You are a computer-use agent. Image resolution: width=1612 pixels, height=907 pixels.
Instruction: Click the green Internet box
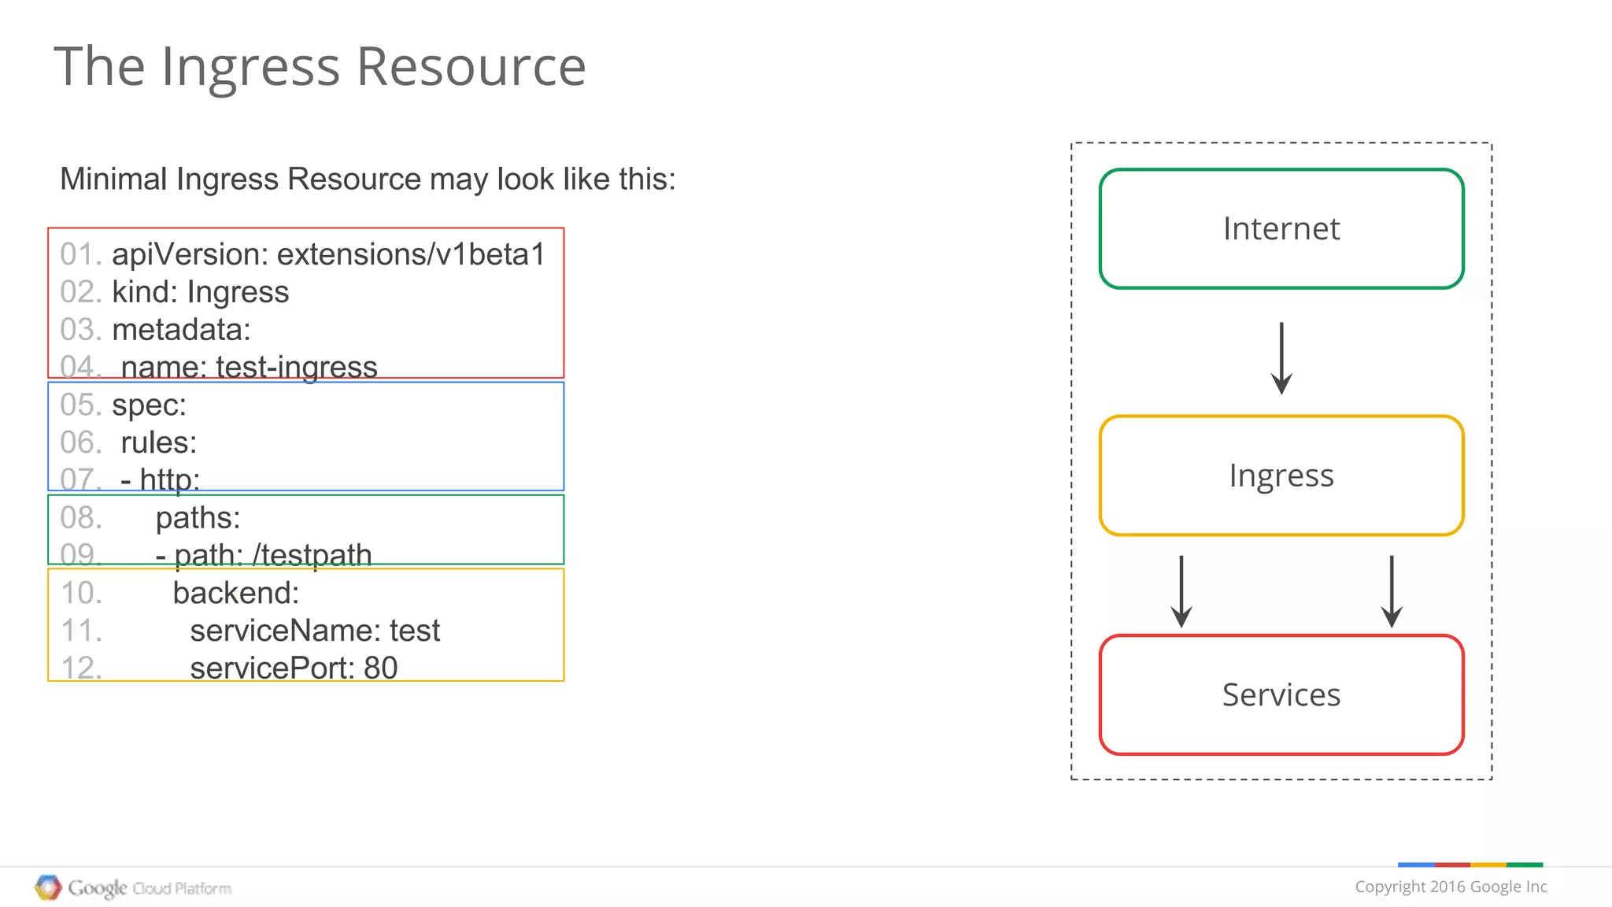(x=1281, y=228)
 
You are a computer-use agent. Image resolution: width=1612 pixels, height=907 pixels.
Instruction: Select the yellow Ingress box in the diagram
(x=1281, y=476)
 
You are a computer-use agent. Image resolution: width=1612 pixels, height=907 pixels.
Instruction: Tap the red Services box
(x=1281, y=694)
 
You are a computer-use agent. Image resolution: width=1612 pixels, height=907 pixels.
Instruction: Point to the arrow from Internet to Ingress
(x=1281, y=358)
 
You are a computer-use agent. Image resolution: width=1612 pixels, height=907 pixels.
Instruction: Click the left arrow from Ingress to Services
(x=1181, y=591)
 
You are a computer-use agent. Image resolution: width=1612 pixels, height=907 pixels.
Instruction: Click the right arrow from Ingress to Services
(x=1392, y=591)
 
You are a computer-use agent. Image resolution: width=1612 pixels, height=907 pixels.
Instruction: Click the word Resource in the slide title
(x=471, y=66)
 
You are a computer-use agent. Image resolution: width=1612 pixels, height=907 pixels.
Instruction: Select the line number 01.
(x=80, y=254)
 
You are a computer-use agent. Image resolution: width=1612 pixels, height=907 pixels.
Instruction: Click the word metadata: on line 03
(x=181, y=330)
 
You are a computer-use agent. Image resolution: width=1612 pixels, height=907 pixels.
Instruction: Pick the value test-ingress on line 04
(x=297, y=367)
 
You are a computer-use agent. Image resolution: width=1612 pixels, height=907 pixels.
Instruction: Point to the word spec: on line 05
(x=149, y=405)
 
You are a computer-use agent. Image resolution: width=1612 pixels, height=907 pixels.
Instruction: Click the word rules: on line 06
(x=158, y=442)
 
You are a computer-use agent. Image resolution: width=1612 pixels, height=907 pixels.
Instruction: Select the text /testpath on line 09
(x=312, y=555)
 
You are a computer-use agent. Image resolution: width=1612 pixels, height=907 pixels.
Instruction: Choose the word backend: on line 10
(x=236, y=593)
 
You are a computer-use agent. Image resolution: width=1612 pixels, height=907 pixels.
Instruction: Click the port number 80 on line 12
(x=380, y=668)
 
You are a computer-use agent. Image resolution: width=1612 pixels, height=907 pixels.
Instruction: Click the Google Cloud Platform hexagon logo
(x=48, y=887)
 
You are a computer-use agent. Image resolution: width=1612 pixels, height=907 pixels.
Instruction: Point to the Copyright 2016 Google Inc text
(x=1451, y=887)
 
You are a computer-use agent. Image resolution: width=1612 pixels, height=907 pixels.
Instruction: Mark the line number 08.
(x=80, y=518)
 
